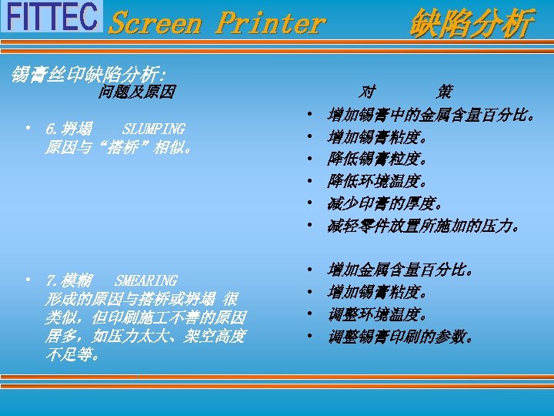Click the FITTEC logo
click(x=52, y=16)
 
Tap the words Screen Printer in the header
click(x=217, y=22)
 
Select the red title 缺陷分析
click(x=471, y=23)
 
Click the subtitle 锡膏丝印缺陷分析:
click(x=88, y=75)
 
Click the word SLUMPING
click(x=154, y=129)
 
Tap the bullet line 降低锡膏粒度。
click(x=377, y=159)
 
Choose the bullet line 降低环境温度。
click(x=377, y=182)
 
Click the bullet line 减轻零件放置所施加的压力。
click(x=424, y=226)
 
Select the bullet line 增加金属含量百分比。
click(x=400, y=270)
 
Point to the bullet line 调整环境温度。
click(x=377, y=314)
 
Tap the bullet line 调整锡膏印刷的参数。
click(x=400, y=337)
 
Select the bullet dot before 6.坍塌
click(x=28, y=127)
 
